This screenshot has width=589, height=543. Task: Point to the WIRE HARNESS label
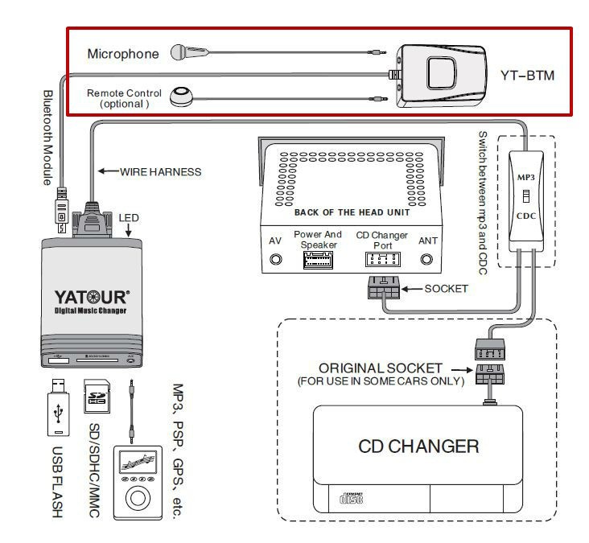tap(160, 171)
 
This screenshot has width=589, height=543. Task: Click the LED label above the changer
tap(129, 217)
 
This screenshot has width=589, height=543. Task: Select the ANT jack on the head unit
tap(427, 260)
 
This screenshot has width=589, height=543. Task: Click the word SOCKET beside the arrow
tap(446, 289)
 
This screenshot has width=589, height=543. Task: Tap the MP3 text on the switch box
tap(524, 176)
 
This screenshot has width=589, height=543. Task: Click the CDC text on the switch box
tap(524, 216)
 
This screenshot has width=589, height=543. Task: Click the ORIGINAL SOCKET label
tap(381, 367)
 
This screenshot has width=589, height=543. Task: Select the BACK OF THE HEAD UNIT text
tap(352, 212)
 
